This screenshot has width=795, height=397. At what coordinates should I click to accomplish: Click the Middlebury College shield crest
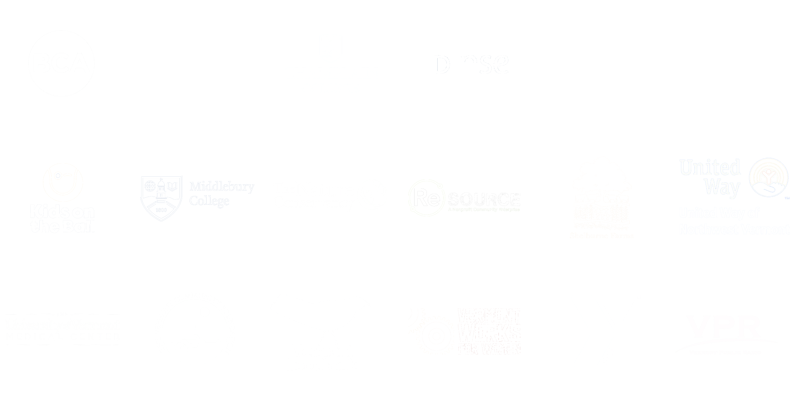click(x=161, y=198)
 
